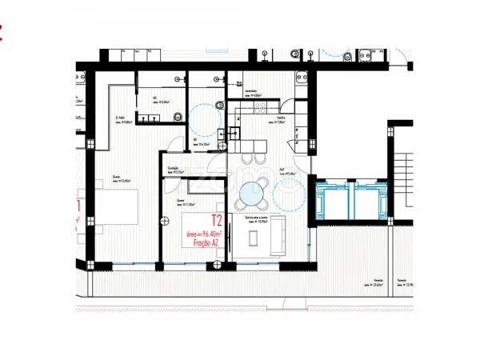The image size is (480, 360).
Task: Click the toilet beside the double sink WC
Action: coord(179,117)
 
